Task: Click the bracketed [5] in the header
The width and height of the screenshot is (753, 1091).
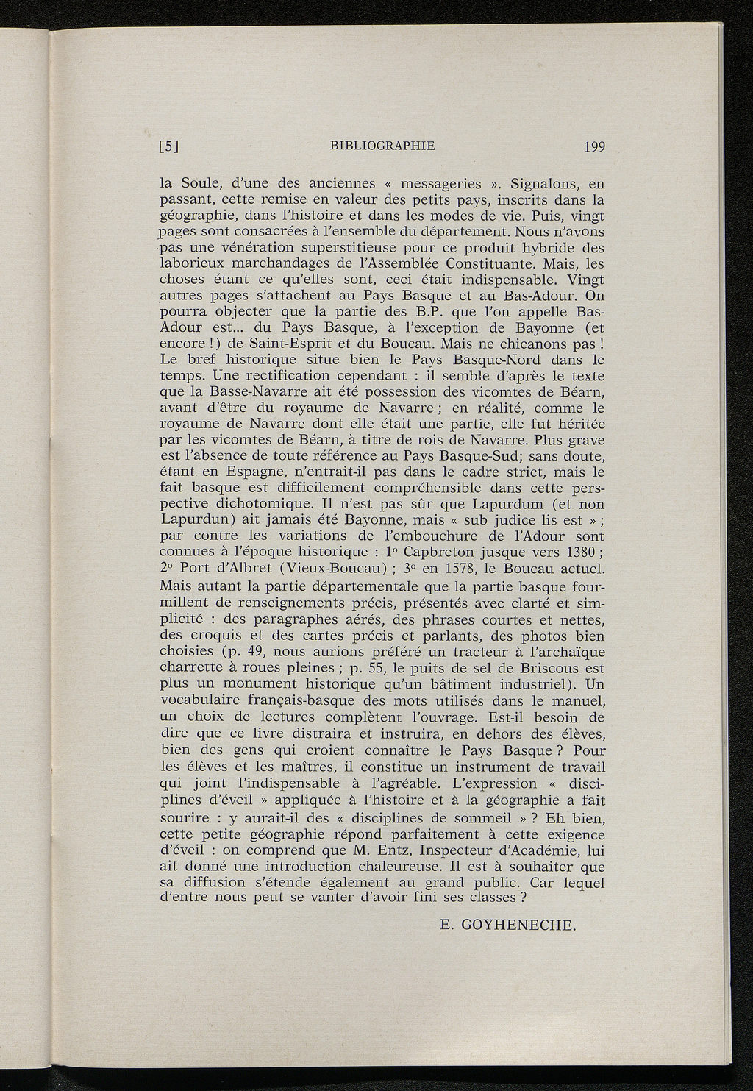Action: click(170, 146)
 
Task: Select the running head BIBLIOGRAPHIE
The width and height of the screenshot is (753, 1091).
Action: click(383, 145)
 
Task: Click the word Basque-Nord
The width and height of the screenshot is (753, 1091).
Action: click(496, 360)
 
